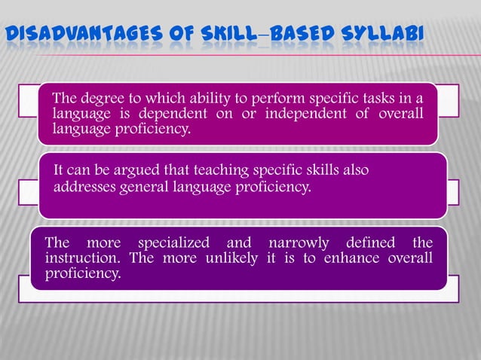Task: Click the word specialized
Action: coord(170,243)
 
